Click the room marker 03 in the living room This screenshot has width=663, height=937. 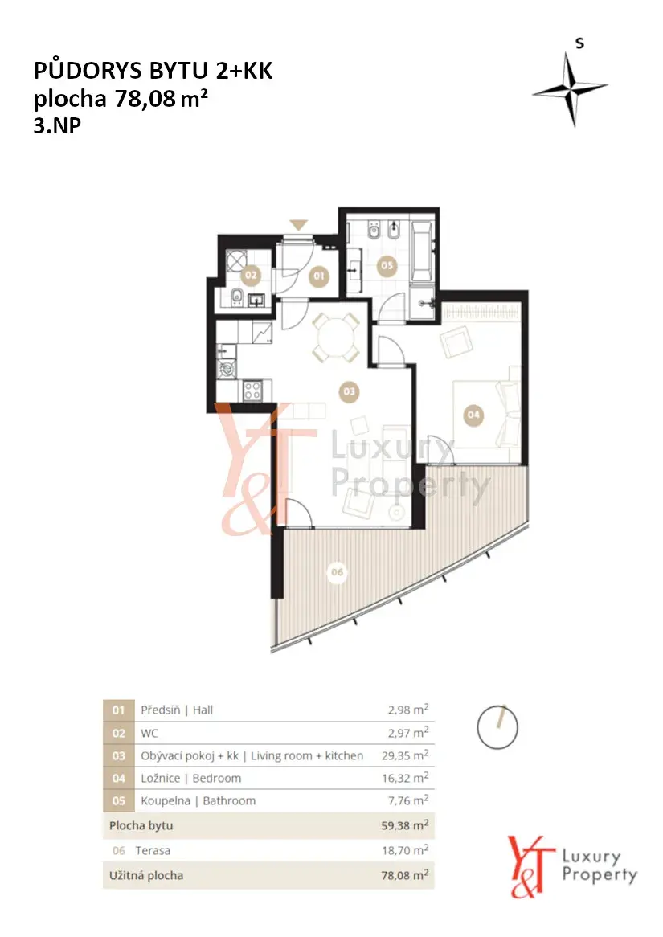pos(349,391)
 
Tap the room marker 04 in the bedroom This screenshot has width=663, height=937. pos(473,414)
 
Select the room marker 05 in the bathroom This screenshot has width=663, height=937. pos(387,264)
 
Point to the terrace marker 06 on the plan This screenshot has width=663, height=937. pos(338,572)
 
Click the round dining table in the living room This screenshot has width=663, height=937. pos(336,338)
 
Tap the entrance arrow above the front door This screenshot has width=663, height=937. pos(299,225)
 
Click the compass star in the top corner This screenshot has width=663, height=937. pos(571,89)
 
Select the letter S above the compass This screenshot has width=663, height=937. pos(579,43)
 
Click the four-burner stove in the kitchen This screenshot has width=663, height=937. pos(252,391)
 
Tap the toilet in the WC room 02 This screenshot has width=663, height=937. pos(236,295)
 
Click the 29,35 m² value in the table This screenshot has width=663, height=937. pos(405,755)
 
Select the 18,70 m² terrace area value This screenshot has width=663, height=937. pos(405,849)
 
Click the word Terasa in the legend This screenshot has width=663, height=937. pos(153,850)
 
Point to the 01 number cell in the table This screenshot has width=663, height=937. pos(118,710)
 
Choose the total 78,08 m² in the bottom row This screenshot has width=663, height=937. pos(405,875)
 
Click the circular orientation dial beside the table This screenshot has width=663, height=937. pos(497,726)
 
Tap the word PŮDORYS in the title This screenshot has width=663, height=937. pos(88,70)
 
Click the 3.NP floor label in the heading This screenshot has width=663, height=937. pos(57,125)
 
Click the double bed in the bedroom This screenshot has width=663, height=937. pos(485,414)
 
